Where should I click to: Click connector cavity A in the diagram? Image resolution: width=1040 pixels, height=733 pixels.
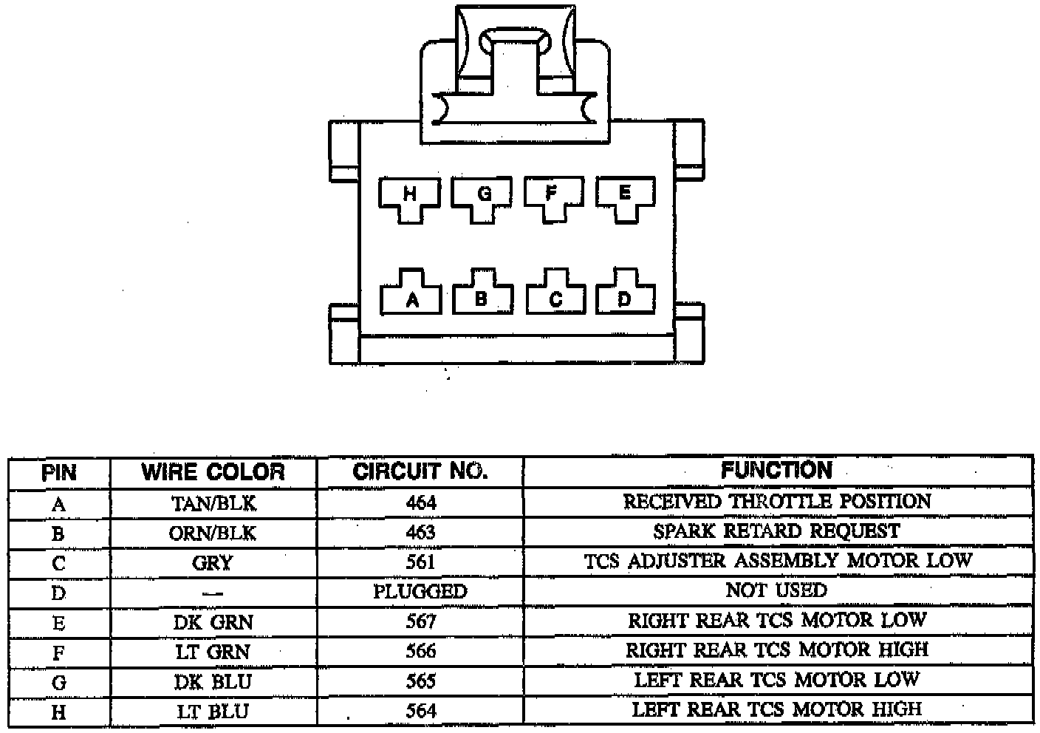pos(411,298)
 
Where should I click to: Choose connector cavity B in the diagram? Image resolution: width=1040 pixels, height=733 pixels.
pos(482,298)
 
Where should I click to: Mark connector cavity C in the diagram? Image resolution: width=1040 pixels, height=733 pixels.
pos(555,298)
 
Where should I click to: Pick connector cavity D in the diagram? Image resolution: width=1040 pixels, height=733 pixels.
pos(626,298)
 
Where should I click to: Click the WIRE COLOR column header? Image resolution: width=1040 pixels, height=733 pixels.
pos(213,472)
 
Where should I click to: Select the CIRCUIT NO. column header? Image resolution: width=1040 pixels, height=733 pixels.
pos(420,472)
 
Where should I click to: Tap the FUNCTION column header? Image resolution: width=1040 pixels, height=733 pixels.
pos(777,471)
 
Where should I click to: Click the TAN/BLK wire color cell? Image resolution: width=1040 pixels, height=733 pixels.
pos(213,504)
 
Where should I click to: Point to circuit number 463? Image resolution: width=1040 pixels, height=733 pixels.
pos(420,533)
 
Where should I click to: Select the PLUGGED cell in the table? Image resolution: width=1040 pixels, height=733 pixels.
pos(420,592)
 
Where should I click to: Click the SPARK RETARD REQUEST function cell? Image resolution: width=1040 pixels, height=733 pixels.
pos(777,531)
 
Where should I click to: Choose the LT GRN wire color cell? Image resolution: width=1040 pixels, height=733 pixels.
pos(213,652)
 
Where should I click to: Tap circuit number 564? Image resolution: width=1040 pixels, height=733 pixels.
pos(420,711)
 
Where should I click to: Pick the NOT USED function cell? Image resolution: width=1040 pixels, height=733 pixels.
pos(777,590)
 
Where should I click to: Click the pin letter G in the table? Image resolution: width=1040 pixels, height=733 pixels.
pos(58,682)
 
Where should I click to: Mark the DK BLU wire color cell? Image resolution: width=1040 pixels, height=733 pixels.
pos(213,681)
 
